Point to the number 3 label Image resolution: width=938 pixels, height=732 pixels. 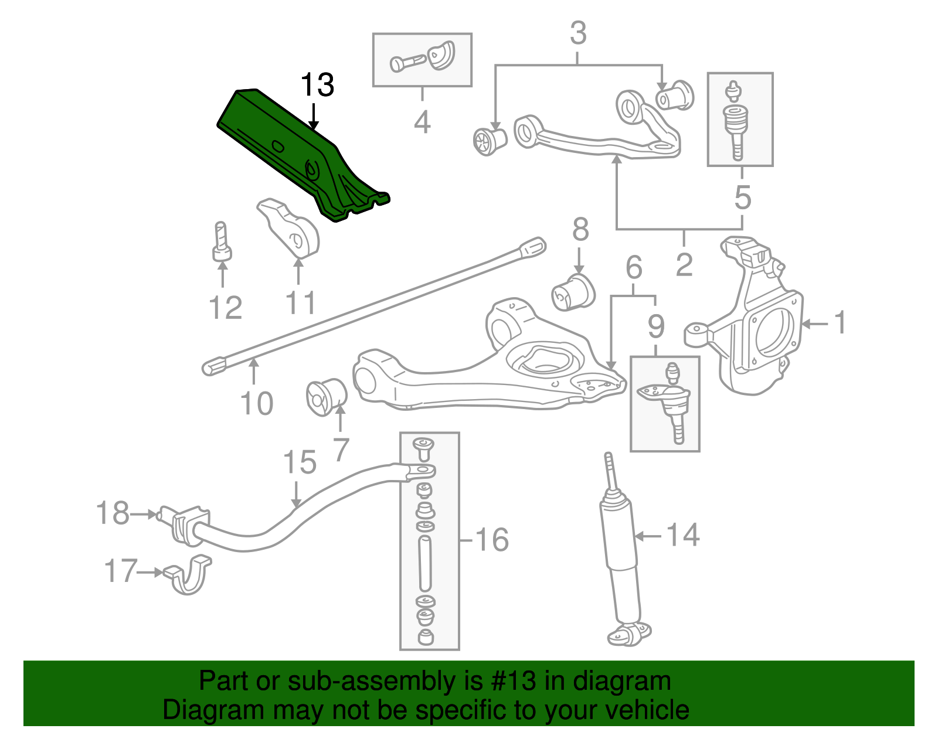coord(579,33)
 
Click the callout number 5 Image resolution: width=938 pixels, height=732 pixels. coord(742,198)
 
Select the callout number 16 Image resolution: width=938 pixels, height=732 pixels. coord(492,540)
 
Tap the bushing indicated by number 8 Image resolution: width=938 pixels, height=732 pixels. coord(574,293)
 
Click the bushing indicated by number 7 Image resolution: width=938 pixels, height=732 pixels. coord(327,397)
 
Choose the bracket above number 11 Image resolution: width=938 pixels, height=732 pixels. coord(288,229)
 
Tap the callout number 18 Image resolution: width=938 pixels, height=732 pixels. coord(112,513)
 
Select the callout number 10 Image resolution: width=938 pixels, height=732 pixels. coord(256,404)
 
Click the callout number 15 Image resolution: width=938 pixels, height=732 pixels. coord(300,462)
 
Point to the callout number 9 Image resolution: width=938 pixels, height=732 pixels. coord(656,326)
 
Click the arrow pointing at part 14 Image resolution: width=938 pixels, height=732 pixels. coord(648,537)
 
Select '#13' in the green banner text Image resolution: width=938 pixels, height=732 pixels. coord(512,681)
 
